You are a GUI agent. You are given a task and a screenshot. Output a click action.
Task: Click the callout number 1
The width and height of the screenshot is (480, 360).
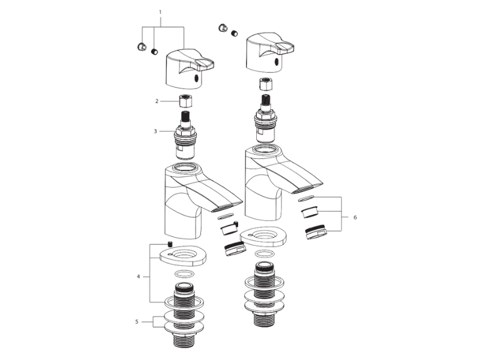pyautogui.click(x=160, y=13)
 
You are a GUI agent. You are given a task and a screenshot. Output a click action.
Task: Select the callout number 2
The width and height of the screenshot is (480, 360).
pyautogui.click(x=157, y=101)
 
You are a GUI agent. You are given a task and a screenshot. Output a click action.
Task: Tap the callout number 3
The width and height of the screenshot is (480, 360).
pyautogui.click(x=155, y=131)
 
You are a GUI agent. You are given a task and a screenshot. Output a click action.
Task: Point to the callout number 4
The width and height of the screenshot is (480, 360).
pyautogui.click(x=139, y=277)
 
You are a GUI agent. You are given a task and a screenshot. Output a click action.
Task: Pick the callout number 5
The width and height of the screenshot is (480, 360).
pyautogui.click(x=137, y=322)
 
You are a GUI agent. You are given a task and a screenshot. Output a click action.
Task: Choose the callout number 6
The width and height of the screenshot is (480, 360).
pyautogui.click(x=355, y=217)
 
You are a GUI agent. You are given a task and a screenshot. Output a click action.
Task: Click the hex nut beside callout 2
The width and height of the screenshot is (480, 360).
pyautogui.click(x=186, y=101)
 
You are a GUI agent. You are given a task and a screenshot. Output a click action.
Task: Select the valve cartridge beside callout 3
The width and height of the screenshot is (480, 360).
pyautogui.click(x=185, y=136)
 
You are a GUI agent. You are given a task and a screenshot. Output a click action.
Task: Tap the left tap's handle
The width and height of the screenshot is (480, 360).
pyautogui.click(x=190, y=69)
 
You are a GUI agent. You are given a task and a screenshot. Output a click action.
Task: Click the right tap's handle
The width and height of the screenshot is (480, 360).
pyautogui.click(x=269, y=53)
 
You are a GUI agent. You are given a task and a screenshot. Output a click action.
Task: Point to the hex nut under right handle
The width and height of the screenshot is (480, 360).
pyautogui.click(x=266, y=85)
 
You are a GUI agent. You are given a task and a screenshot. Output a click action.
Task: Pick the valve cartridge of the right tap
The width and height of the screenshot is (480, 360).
pyautogui.click(x=265, y=119)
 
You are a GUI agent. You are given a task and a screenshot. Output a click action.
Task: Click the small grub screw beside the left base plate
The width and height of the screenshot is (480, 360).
pyautogui.click(x=170, y=244)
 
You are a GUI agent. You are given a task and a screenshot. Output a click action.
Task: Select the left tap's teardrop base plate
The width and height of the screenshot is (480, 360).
pyautogui.click(x=183, y=256)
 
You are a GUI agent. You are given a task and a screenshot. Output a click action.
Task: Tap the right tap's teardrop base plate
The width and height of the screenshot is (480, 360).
pyautogui.click(x=263, y=236)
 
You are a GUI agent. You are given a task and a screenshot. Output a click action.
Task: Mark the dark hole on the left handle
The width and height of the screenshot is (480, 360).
pyautogui.click(x=197, y=79)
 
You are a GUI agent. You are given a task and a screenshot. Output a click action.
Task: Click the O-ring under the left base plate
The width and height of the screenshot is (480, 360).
pyautogui.click(x=184, y=274)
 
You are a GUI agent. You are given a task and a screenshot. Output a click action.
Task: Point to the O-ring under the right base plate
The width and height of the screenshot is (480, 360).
pyautogui.click(x=265, y=254)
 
